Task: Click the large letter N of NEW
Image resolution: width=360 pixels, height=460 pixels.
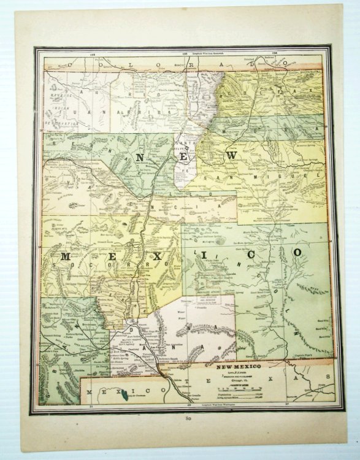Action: coord(140,158)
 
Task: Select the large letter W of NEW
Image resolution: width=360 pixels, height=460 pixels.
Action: coord(231,157)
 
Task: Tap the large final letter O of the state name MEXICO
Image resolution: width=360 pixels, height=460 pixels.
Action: coord(297,252)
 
